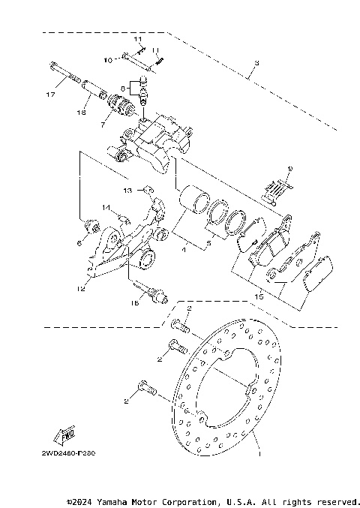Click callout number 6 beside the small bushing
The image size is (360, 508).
pos(78,243)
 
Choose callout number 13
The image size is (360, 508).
pos(127,190)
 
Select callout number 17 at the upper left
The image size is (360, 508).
pos(50,95)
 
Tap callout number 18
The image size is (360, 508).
pos(81,113)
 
